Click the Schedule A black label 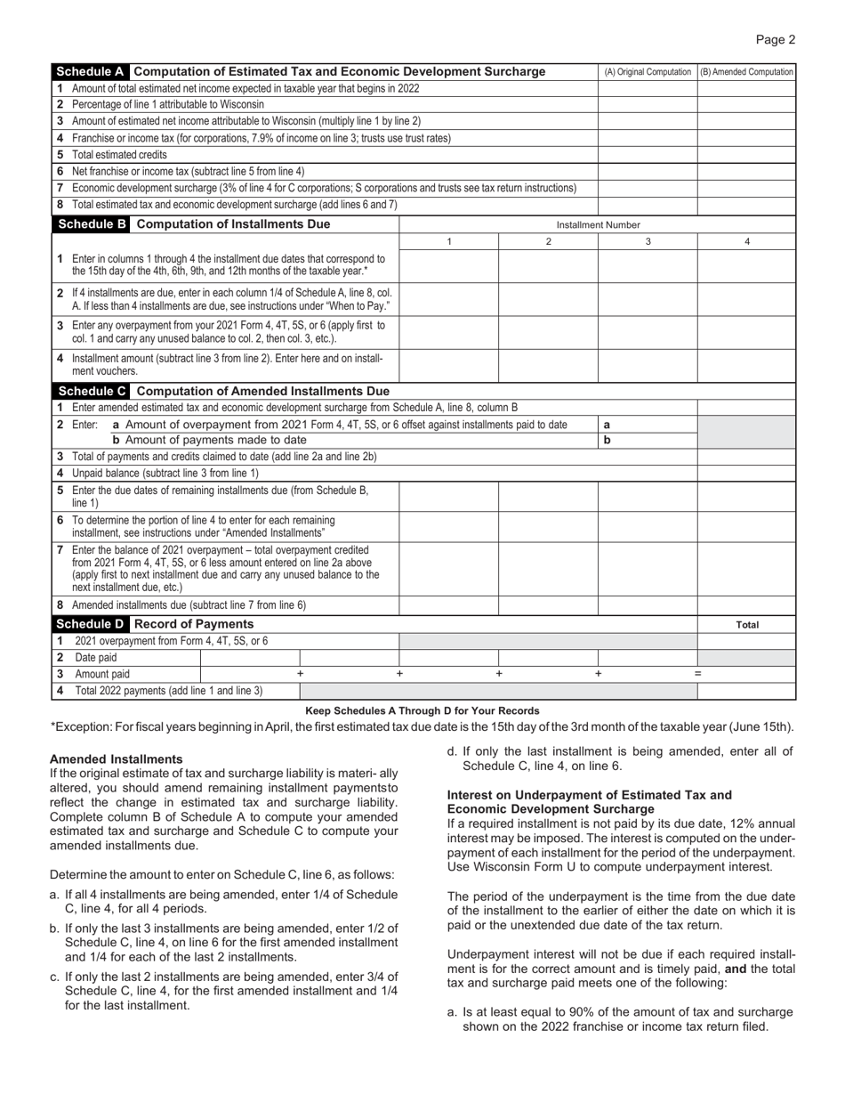point(91,71)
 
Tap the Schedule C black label point(91,391)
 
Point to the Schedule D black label point(91,623)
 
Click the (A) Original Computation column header point(647,72)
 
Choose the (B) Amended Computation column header point(746,72)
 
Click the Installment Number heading point(598,225)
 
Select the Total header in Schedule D point(746,625)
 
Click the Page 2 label point(776,38)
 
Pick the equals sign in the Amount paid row point(697,674)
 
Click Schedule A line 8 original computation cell point(647,204)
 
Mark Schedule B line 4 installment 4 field point(746,364)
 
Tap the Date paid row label point(95,658)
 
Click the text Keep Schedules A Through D point(422,710)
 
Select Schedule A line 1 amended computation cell point(746,88)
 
